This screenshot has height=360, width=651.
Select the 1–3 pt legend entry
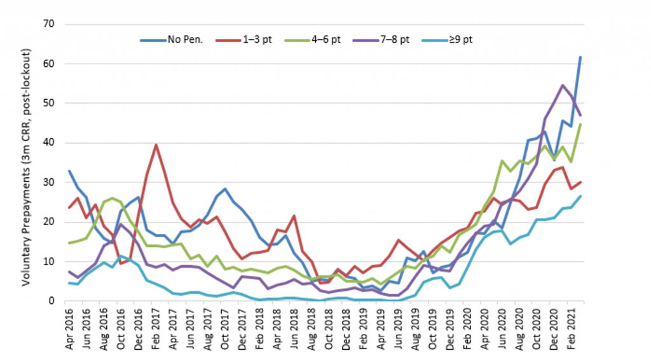click(259, 39)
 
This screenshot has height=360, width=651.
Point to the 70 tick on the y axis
click(50, 24)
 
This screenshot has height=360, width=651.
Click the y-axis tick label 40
click(50, 143)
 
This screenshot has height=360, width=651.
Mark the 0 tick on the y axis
click(52, 301)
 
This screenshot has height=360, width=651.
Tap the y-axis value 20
click(50, 222)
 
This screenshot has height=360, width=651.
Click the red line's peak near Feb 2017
click(156, 145)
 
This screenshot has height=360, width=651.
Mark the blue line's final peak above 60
click(580, 57)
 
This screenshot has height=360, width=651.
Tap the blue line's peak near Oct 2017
click(225, 189)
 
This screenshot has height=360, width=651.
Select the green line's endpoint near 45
click(580, 125)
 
